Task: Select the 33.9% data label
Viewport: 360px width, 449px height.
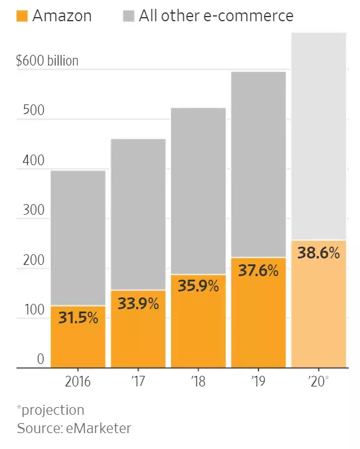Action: click(139, 304)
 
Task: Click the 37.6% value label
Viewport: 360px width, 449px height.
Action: click(258, 270)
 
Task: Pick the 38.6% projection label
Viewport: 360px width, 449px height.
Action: click(319, 253)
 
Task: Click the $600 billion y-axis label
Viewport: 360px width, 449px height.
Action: click(47, 61)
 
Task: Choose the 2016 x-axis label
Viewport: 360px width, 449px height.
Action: click(78, 381)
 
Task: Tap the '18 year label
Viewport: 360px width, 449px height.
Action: click(199, 381)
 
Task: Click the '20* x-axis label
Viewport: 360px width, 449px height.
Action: click(319, 381)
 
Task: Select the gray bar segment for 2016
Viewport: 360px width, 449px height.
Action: click(78, 236)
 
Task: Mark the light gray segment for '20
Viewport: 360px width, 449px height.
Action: click(319, 136)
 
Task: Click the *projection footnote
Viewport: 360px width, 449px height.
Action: click(51, 409)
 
